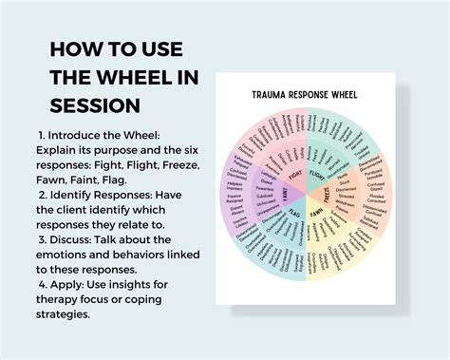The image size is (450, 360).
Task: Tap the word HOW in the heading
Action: [x=75, y=48]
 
